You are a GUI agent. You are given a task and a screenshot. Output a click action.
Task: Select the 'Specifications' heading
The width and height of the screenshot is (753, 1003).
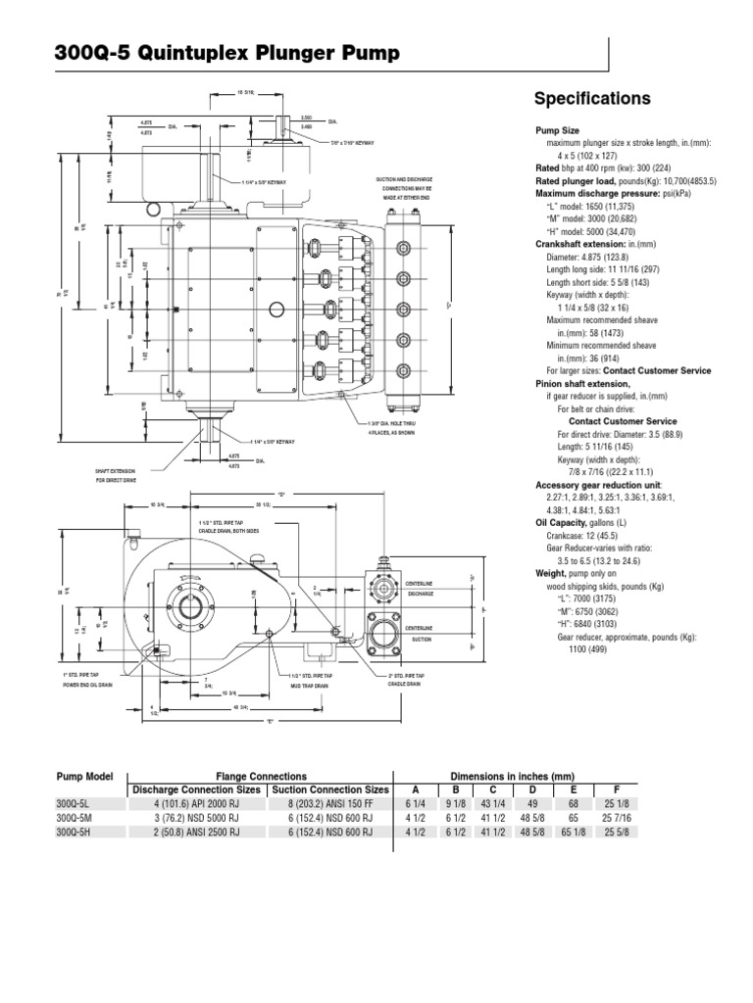tap(591, 99)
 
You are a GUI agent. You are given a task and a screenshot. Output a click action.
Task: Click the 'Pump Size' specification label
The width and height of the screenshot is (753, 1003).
tap(557, 130)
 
